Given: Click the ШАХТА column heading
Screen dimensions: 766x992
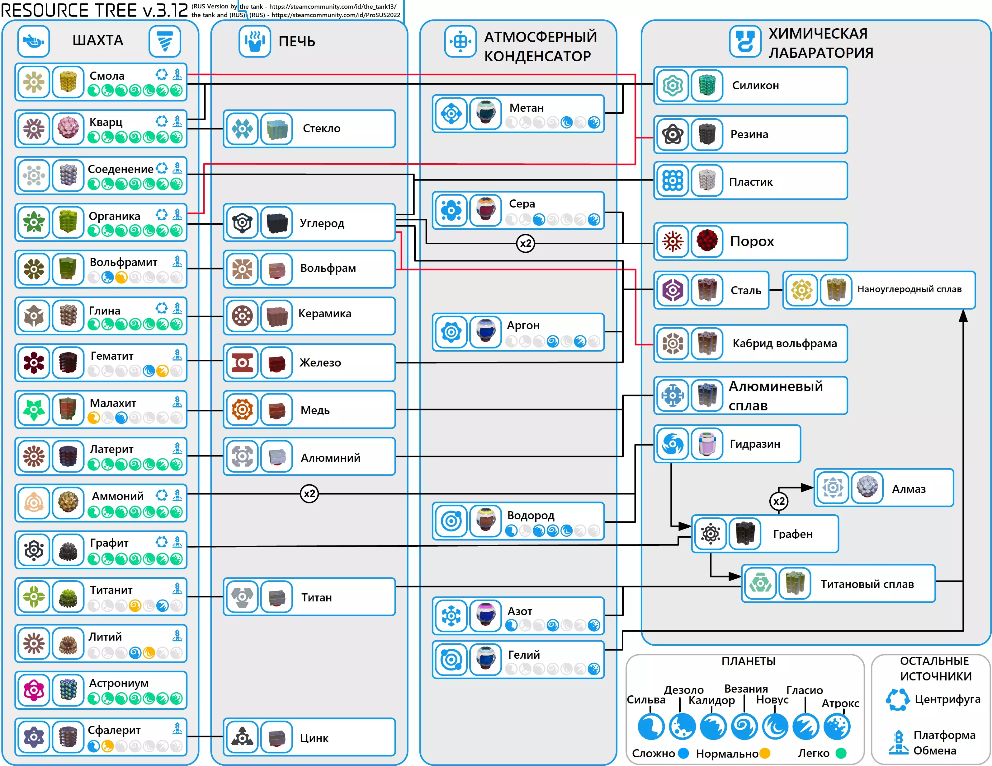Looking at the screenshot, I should pyautogui.click(x=98, y=40).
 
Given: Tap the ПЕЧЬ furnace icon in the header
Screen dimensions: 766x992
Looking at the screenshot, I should pyautogui.click(x=255, y=41).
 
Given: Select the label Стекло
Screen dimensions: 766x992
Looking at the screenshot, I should pyautogui.click(x=322, y=128).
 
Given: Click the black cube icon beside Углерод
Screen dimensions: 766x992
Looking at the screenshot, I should pyautogui.click(x=276, y=223).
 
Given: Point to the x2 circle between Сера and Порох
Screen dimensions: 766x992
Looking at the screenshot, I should pyautogui.click(x=526, y=243).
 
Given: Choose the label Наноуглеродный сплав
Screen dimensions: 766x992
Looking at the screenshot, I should pyautogui.click(x=909, y=289).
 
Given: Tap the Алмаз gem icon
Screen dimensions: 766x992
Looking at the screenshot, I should pyautogui.click(x=867, y=488).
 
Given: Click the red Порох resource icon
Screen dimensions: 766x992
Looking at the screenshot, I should pyautogui.click(x=707, y=241).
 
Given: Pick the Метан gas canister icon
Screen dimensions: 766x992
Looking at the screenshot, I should pyautogui.click(x=485, y=114).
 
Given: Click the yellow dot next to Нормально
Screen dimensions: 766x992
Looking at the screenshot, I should pyautogui.click(x=765, y=753).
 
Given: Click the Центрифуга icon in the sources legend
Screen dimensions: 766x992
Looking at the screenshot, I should pyautogui.click(x=898, y=699).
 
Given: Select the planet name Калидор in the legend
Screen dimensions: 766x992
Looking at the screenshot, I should pyautogui.click(x=711, y=700).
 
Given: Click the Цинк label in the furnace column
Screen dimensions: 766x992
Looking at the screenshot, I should pyautogui.click(x=314, y=738).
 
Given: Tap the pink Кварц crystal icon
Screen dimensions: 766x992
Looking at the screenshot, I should pyautogui.click(x=68, y=128).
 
